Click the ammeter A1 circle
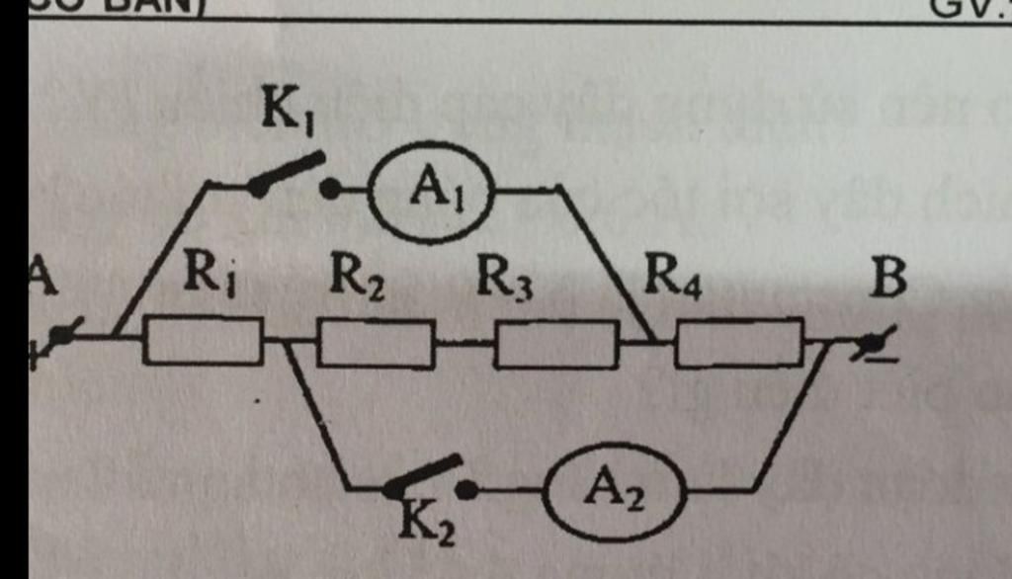point(432,195)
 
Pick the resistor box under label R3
point(556,345)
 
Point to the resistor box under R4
point(738,343)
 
